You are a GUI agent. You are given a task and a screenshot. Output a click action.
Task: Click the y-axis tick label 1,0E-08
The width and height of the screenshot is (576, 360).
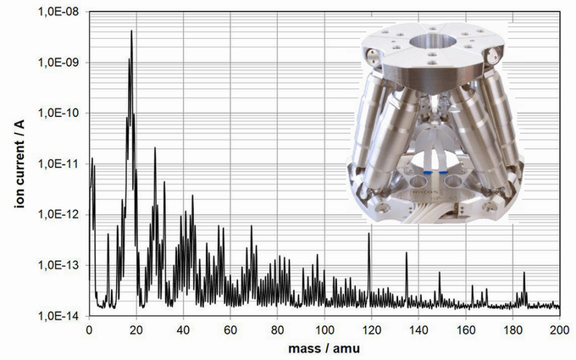58,12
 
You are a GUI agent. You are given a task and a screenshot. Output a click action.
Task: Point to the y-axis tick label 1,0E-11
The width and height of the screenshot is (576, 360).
58,163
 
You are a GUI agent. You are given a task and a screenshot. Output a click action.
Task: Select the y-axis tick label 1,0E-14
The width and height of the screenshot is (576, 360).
58,316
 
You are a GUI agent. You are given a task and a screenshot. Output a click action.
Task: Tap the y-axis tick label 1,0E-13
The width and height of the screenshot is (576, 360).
58,265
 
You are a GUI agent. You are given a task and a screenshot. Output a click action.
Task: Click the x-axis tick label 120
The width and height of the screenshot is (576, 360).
371,330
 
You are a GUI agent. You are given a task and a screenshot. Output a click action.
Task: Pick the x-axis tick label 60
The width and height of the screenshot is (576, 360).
230,330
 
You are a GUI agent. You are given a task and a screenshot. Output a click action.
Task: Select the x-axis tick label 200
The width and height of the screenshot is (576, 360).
559,330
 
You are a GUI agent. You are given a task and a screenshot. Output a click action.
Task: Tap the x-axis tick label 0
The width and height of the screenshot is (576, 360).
89,330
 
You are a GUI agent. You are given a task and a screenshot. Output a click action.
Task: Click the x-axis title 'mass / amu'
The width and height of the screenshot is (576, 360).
324,348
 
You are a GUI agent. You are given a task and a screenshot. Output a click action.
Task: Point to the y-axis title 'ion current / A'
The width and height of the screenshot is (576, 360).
19,163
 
